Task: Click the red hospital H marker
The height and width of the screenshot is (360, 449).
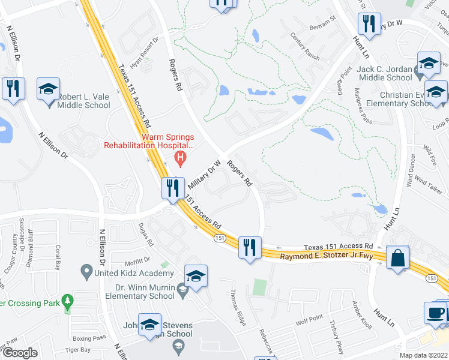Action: (179, 158)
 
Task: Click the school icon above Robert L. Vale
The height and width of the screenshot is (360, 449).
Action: (48, 89)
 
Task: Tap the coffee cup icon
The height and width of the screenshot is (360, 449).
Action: (436, 313)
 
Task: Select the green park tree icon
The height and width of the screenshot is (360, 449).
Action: (68, 299)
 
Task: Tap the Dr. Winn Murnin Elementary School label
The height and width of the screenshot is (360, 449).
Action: (140, 291)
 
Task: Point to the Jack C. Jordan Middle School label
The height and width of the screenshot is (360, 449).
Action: (384, 73)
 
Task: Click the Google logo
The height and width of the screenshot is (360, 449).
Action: (20, 353)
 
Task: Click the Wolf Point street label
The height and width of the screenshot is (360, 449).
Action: (309, 320)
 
